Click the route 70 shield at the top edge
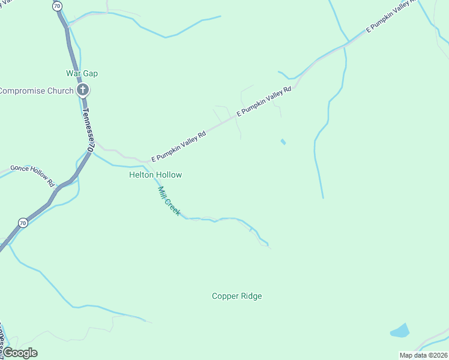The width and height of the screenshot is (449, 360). pyautogui.click(x=57, y=5)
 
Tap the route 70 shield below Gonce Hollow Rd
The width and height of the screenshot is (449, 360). pyautogui.click(x=23, y=223)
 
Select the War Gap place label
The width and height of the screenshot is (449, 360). pyautogui.click(x=82, y=73)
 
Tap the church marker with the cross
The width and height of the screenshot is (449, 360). pyautogui.click(x=83, y=91)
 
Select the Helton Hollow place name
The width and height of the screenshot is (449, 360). pyautogui.click(x=155, y=175)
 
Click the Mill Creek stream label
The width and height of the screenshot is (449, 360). pyautogui.click(x=169, y=201)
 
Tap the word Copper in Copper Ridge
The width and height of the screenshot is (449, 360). pyautogui.click(x=224, y=296)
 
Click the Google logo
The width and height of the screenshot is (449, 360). pyautogui.click(x=20, y=353)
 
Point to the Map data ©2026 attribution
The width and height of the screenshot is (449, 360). pyautogui.click(x=424, y=355)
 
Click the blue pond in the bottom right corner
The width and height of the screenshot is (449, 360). pyautogui.click(x=400, y=331)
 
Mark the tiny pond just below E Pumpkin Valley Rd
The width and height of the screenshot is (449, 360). pyautogui.click(x=283, y=142)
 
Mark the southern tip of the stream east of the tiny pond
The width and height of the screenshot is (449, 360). pyautogui.click(x=323, y=197)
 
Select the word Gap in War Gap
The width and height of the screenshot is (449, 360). pyautogui.click(x=91, y=73)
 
